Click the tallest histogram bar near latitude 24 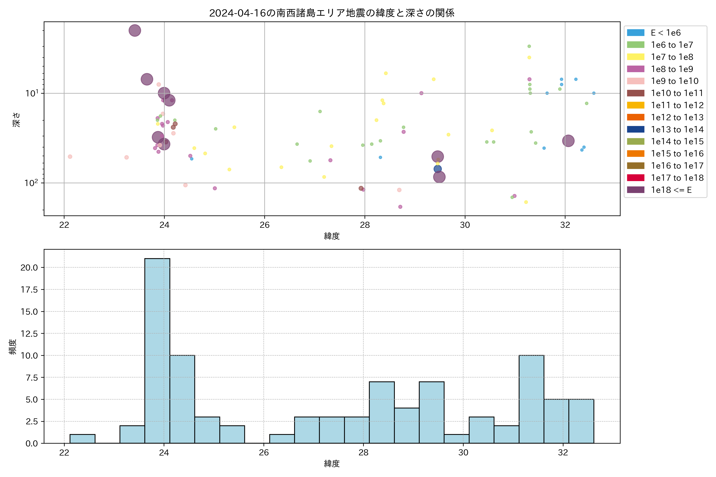tap(157, 350)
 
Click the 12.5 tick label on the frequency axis tap(29, 334)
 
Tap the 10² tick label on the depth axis tap(31, 183)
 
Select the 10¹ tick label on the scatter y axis tap(31, 93)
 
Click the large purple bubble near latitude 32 tap(568, 141)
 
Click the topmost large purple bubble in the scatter tap(135, 30)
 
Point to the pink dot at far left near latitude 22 tap(70, 157)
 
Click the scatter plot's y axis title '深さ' tap(17, 119)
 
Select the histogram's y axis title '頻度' tap(13, 347)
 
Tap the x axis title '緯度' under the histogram tap(332, 464)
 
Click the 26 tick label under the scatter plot tap(265, 225)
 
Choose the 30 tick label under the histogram tap(463, 453)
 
